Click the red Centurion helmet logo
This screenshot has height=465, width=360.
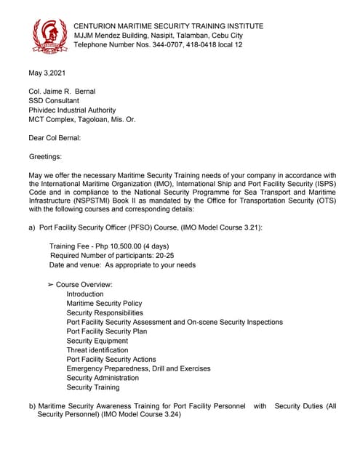click(x=49, y=36)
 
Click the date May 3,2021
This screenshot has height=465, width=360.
click(x=48, y=73)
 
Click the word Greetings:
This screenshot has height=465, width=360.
click(x=46, y=156)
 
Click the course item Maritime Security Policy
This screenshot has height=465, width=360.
click(x=104, y=303)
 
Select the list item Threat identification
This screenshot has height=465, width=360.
click(x=97, y=349)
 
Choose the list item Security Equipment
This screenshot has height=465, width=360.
click(x=97, y=340)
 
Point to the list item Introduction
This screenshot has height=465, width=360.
click(x=85, y=294)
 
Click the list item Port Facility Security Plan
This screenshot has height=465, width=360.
click(x=106, y=331)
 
